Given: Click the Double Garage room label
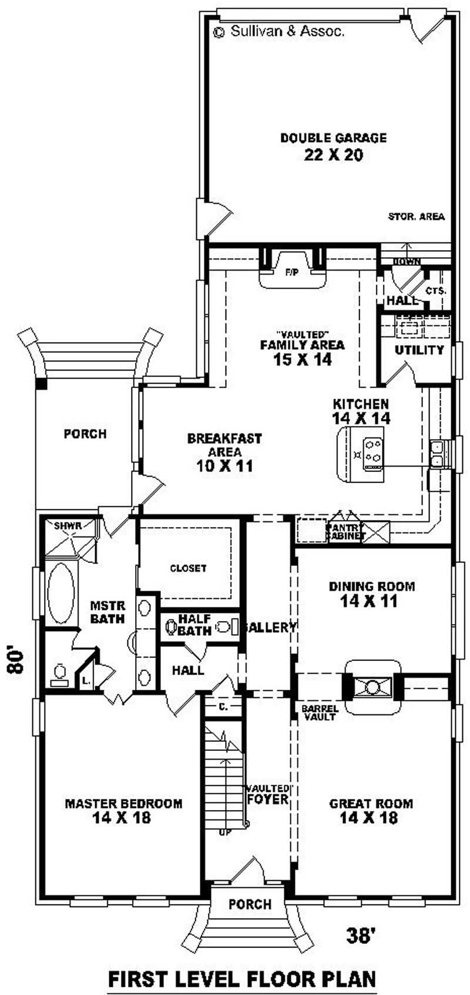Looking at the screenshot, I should [333, 139].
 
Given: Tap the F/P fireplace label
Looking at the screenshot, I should [291, 272].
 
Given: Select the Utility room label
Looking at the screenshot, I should [419, 350].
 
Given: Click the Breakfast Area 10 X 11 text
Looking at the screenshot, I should [224, 453].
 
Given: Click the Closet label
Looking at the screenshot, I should [188, 568].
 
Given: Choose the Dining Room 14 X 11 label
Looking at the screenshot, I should [371, 593].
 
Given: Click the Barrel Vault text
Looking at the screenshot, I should [320, 713].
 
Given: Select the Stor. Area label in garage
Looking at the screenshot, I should [416, 217].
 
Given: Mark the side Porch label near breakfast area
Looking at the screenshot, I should [85, 434].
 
